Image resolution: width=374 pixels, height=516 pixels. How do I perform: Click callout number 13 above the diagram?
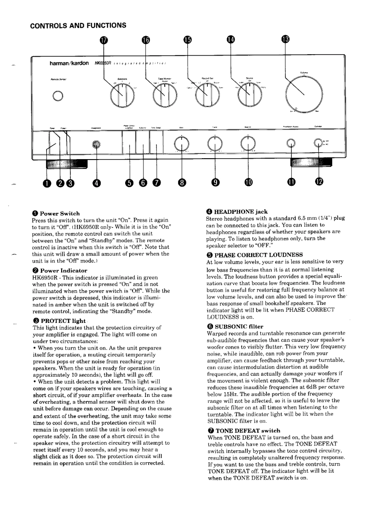(286, 40)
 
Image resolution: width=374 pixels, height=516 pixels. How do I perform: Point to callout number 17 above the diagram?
(104, 40)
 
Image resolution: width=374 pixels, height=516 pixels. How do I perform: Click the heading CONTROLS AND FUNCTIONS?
(78, 25)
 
